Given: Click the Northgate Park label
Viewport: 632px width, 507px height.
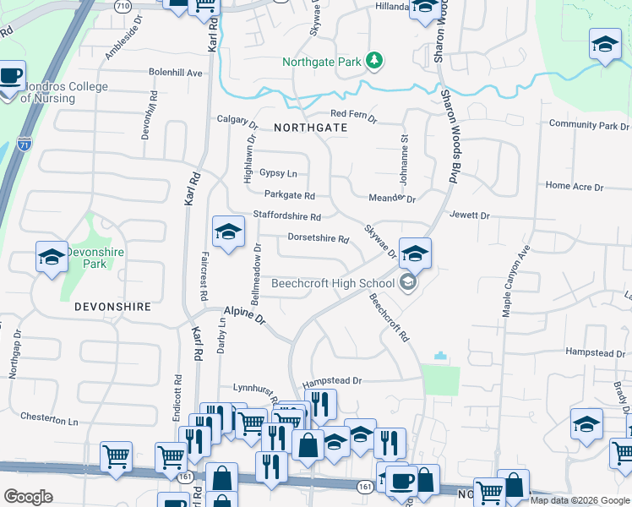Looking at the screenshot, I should (319, 61).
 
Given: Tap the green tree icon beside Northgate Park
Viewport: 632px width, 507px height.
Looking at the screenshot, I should (373, 61).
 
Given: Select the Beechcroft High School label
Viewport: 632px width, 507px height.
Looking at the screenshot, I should (333, 284).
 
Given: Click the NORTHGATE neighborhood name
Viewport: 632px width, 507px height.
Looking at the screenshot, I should (310, 127).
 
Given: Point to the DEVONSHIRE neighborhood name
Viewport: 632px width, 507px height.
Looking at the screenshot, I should (112, 307).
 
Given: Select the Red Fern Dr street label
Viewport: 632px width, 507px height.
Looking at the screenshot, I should (353, 113).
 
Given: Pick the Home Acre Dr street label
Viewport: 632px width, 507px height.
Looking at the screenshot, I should (575, 186).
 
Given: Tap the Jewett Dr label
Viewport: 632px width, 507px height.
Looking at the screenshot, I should (470, 216).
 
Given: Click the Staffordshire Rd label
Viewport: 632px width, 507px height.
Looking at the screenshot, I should (287, 217).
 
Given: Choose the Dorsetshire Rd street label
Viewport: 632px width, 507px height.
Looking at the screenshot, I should (319, 239).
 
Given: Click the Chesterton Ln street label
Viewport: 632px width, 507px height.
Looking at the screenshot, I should (49, 419).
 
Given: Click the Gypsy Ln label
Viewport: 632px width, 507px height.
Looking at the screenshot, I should (278, 173).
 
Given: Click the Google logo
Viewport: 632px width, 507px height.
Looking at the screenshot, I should (28, 497).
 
